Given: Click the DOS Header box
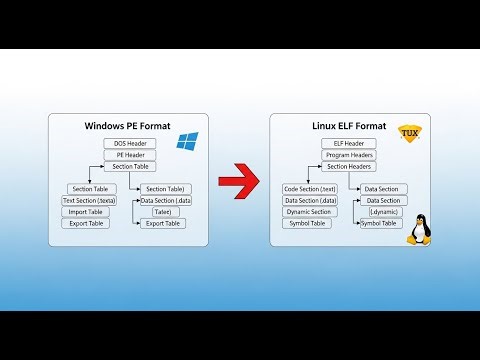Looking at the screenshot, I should tap(130, 144).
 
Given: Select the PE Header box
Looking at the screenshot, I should tap(130, 155).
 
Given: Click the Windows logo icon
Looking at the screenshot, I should tap(187, 142).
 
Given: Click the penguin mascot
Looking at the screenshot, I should tap(416, 230).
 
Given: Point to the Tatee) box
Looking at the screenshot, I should tap(163, 212).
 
